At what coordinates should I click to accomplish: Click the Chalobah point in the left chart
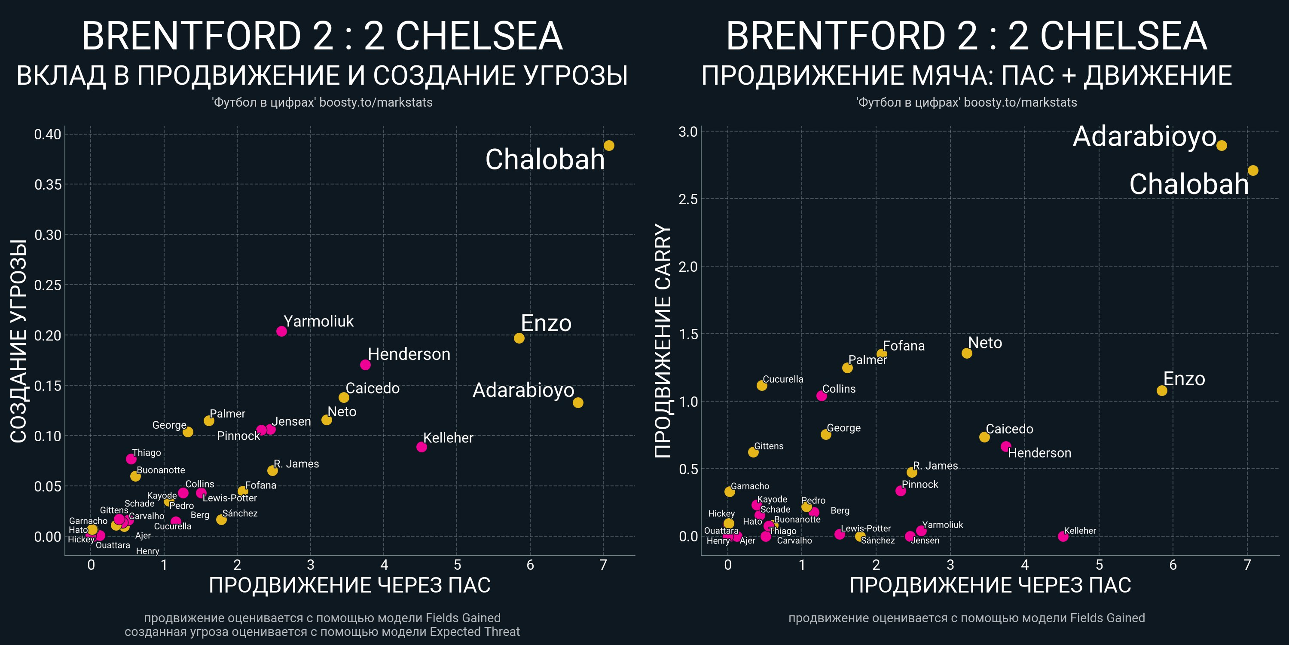(608, 146)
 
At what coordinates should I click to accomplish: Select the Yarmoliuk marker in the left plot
(281, 331)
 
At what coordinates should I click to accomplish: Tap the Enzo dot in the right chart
(1162, 390)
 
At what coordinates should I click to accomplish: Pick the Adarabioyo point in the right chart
(1222, 146)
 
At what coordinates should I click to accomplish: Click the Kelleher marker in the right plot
(1063, 536)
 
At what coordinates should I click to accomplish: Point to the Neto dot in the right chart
(967, 353)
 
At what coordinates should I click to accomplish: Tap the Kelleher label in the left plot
(448, 438)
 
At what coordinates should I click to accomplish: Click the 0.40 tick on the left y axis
(48, 134)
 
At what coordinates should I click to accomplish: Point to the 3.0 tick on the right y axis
(687, 132)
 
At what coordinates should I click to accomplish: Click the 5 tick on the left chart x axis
(457, 565)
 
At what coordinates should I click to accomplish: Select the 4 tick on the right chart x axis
(1024, 565)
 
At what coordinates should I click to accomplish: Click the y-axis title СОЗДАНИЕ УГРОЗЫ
(19, 341)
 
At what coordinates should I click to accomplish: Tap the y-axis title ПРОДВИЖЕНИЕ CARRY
(663, 341)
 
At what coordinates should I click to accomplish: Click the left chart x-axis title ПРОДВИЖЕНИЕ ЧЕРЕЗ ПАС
(349, 585)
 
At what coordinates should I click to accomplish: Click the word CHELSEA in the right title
(1124, 36)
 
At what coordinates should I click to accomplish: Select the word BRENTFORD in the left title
(191, 36)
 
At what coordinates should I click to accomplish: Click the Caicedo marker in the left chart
(344, 398)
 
